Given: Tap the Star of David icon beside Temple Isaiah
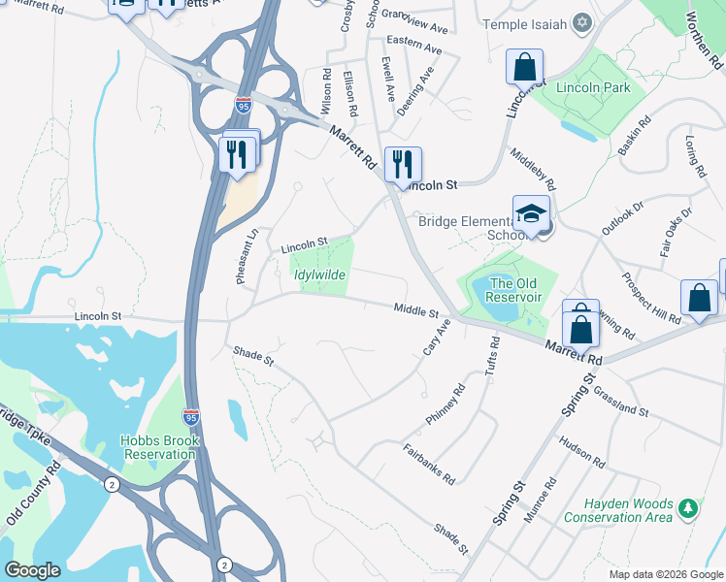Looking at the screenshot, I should (582, 21).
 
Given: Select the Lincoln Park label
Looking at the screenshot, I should (593, 87).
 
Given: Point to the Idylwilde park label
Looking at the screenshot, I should (319, 275).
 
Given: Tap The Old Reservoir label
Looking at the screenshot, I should (513, 290).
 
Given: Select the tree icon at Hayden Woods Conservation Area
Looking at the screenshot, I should (688, 507).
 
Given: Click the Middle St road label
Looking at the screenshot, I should (416, 309).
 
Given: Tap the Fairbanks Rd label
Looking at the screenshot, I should (427, 463).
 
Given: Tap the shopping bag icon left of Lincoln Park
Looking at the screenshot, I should (523, 68).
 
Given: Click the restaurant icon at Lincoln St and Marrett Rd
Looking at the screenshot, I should (403, 164).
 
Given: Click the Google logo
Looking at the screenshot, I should (33, 570).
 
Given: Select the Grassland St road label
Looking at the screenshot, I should (620, 400).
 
